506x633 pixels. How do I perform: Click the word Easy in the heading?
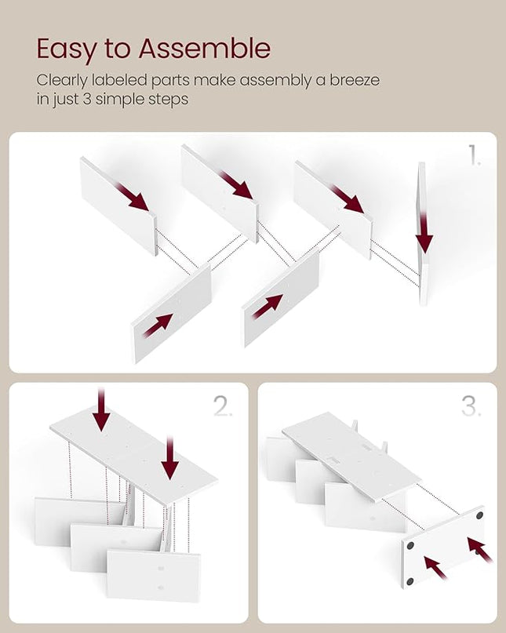(x=67, y=49)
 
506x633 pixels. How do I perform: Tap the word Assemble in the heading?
(x=205, y=49)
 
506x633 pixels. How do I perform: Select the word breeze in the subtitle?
(x=355, y=80)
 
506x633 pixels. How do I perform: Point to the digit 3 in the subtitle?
(x=87, y=99)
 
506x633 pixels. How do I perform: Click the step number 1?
(x=474, y=155)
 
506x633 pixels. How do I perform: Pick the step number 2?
(x=223, y=406)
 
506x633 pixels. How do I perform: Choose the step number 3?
(x=471, y=406)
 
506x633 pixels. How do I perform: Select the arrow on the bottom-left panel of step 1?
(x=158, y=326)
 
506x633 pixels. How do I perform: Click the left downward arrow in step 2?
(x=101, y=409)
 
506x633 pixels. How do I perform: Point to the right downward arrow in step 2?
(x=170, y=458)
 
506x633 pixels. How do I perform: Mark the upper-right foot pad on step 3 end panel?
(x=479, y=515)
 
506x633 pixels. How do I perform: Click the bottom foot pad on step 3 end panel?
(x=410, y=582)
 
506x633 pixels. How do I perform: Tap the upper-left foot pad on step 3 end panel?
(x=410, y=546)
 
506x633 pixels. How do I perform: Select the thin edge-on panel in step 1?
(x=422, y=235)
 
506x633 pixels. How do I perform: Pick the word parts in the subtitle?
(x=170, y=81)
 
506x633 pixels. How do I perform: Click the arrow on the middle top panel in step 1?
(x=236, y=185)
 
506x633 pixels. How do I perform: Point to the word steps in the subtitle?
(x=168, y=100)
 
